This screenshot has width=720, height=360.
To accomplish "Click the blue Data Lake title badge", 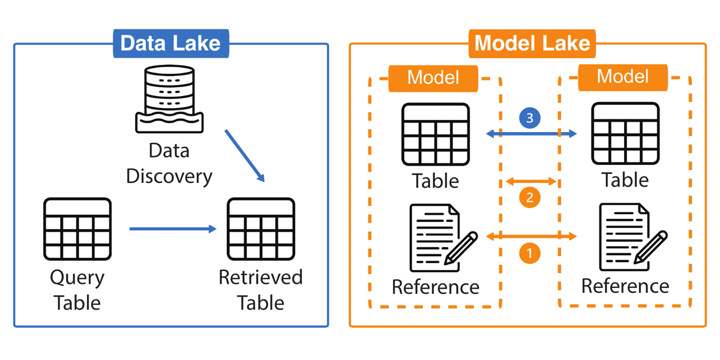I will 170,43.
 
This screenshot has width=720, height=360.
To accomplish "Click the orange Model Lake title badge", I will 532,43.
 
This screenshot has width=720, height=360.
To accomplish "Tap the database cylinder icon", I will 169,98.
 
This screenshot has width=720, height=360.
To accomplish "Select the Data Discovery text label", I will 169,163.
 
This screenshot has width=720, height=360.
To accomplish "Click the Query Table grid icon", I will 77,229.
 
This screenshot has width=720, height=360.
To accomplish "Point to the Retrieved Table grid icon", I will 260,229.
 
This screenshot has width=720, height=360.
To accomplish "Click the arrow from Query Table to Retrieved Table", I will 173,229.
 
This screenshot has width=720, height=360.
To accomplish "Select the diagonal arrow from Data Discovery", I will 245,155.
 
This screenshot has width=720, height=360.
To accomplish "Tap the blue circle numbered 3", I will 529,119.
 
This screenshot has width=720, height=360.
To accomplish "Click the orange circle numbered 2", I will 529,197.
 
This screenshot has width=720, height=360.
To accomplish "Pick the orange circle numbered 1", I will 529,253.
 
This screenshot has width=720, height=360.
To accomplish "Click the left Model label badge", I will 433,77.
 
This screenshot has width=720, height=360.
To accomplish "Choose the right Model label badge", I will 623,77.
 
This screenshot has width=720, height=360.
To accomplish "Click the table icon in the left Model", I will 436,134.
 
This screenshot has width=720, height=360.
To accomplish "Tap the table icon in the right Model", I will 625,134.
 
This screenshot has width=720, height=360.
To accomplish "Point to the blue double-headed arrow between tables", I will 531,134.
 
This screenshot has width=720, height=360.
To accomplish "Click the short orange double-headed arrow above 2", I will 532,181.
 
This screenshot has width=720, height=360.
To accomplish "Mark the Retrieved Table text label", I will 260,290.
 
